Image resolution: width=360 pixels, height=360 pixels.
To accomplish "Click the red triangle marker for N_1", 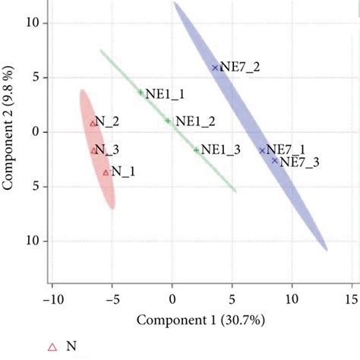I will [x=106, y=172].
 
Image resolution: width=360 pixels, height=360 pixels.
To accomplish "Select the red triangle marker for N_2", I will [x=93, y=123].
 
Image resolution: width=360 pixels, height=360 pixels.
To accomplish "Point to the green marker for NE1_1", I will [x=141, y=93].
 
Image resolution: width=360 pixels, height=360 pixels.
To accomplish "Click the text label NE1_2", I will [x=195, y=120].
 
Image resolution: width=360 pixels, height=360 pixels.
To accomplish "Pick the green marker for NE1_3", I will [x=196, y=150].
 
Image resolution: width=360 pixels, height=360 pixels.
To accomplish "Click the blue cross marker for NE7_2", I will [x=215, y=68].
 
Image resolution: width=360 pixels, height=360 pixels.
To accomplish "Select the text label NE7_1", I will [x=286, y=150].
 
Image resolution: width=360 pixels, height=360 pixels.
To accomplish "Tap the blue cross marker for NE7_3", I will [x=275, y=160].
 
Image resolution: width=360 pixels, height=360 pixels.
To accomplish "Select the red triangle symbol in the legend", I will [x=52, y=347].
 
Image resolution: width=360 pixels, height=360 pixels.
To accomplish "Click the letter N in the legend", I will [x=71, y=346].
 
